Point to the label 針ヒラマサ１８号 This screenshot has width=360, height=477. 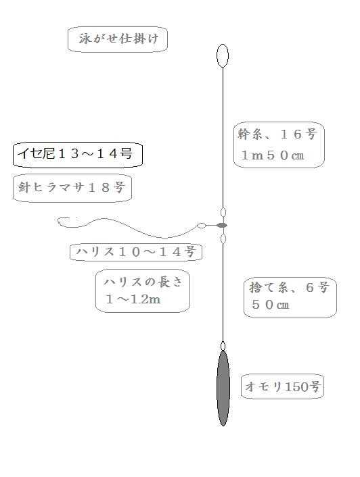[72, 187]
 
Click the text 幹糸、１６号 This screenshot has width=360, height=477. [277, 134]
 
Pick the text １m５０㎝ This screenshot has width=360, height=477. [273, 155]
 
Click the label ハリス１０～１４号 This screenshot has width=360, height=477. [136, 252]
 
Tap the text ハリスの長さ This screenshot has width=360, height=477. [143, 282]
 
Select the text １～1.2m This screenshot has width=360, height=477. [133, 299]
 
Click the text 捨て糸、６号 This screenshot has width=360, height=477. [289, 287]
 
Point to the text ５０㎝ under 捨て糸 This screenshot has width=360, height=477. [270, 305]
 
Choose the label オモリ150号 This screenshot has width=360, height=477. [283, 386]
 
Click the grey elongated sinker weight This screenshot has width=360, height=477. [223, 388]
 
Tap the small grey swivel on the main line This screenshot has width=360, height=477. [222, 226]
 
